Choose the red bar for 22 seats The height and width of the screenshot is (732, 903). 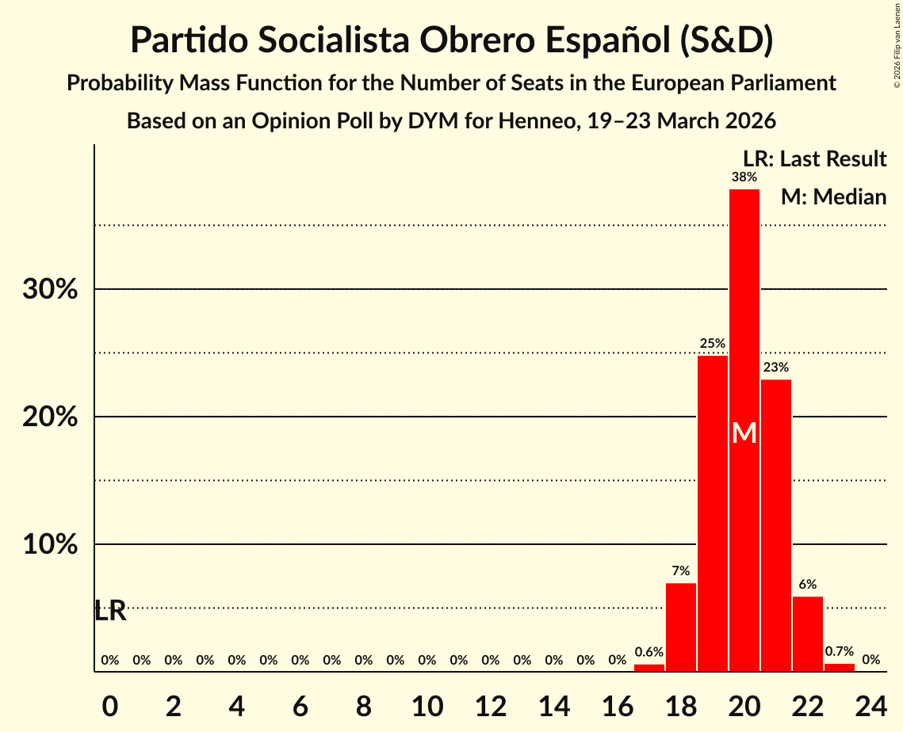[x=807, y=634]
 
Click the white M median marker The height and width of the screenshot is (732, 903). [x=744, y=433]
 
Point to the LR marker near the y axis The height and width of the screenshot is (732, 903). [x=110, y=611]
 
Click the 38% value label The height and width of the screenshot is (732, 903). [x=744, y=177]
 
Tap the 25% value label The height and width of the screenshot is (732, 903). [x=712, y=344]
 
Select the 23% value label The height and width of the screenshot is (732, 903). [x=775, y=368]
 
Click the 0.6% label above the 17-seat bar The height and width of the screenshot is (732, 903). [x=649, y=652]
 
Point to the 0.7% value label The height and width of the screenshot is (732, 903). [x=839, y=651]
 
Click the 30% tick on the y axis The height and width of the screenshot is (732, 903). [x=50, y=290]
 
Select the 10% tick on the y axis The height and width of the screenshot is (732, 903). [x=50, y=545]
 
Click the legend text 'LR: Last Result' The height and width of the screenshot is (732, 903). [x=814, y=159]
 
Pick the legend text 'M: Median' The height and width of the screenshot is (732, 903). [x=833, y=197]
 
